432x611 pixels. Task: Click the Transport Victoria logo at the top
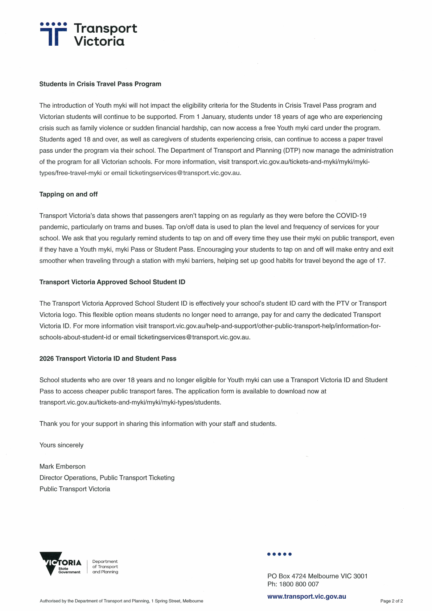click(x=88, y=34)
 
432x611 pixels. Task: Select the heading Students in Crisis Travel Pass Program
click(x=100, y=84)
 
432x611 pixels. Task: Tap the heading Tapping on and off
click(x=69, y=194)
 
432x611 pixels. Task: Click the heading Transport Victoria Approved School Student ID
click(x=112, y=282)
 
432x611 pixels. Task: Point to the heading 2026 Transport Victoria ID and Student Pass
click(x=108, y=359)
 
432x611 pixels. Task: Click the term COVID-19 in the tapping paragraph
click(x=351, y=216)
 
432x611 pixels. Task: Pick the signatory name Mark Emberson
click(x=62, y=467)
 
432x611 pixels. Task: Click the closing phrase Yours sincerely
click(x=61, y=445)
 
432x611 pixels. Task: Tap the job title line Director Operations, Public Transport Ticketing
click(x=107, y=478)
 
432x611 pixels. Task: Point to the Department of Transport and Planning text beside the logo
click(x=105, y=567)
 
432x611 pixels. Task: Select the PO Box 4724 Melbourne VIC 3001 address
click(x=317, y=576)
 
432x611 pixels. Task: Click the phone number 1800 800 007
click(x=299, y=584)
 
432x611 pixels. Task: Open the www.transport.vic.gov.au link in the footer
click(x=306, y=596)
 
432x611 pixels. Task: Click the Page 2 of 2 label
click(x=391, y=601)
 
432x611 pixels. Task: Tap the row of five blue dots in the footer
click(x=279, y=554)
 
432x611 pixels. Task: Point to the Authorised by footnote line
click(x=122, y=601)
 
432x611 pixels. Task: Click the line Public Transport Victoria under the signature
click(x=75, y=489)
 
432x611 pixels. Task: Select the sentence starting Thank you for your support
click(x=158, y=424)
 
